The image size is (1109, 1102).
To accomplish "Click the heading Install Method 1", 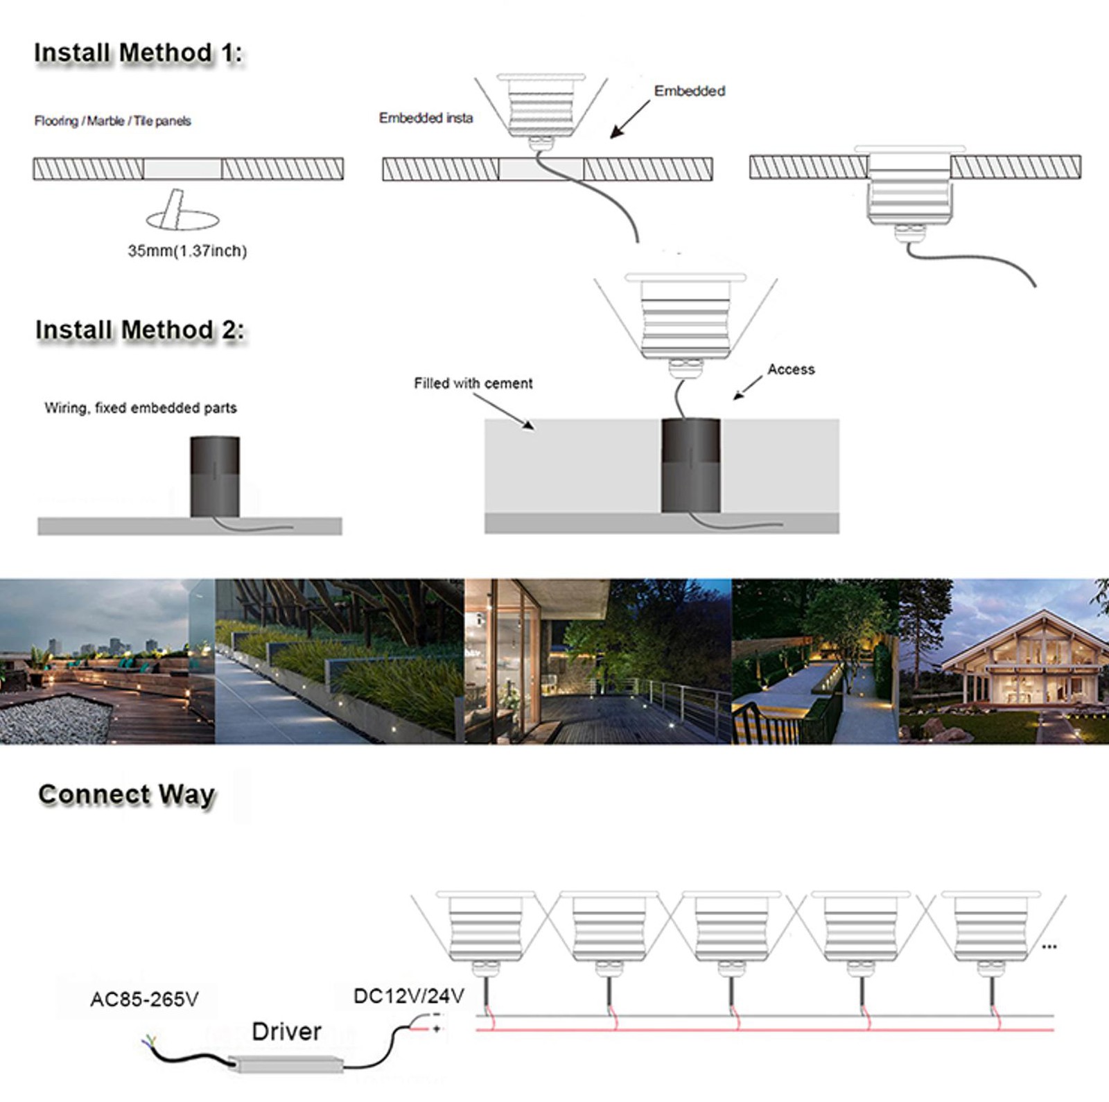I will click(x=138, y=53).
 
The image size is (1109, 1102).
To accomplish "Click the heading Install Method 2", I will click(x=139, y=331).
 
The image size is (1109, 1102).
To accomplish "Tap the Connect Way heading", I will click(x=126, y=794).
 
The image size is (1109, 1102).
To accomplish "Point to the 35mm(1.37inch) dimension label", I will click(x=187, y=251).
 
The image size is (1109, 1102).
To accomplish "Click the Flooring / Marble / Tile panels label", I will click(x=112, y=121).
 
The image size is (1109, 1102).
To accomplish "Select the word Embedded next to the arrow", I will click(x=689, y=91).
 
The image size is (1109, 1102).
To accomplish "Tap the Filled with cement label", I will click(x=473, y=383).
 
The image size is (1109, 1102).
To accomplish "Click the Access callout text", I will click(x=791, y=369).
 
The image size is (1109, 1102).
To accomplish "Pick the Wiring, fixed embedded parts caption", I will click(x=141, y=408).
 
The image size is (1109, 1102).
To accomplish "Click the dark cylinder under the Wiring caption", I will click(x=215, y=476).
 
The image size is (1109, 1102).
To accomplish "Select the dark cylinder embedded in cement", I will click(x=690, y=466).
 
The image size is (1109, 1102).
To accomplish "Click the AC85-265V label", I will click(x=144, y=999).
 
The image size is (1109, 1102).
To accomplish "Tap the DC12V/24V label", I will click(x=408, y=996).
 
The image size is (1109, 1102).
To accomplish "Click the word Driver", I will click(x=286, y=1031).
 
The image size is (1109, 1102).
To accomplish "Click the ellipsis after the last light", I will click(x=1049, y=947).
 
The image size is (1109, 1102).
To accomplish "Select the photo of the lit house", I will click(x=1004, y=662).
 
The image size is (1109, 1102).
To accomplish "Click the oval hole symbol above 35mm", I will click(x=182, y=219).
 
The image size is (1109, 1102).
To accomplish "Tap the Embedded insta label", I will click(x=426, y=119).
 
